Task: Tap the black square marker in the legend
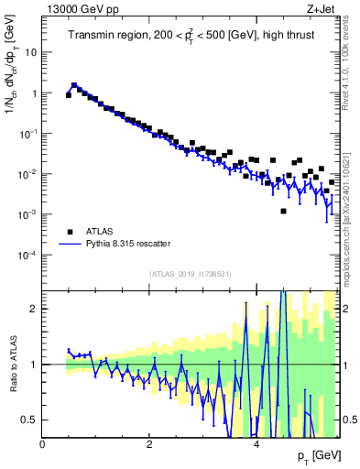click(x=69, y=232)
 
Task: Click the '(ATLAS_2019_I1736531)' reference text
click(x=191, y=274)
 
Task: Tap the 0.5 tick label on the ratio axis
click(x=27, y=420)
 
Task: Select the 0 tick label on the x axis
click(x=42, y=444)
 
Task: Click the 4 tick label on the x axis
click(x=256, y=444)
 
